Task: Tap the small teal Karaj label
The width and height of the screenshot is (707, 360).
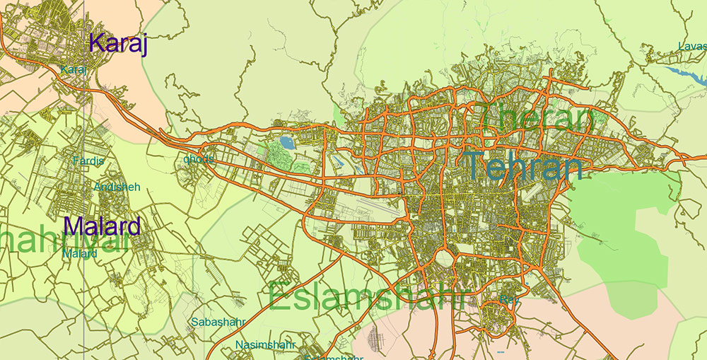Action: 74,69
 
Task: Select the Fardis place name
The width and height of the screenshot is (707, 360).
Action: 88,161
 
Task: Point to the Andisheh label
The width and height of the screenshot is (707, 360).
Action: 117,187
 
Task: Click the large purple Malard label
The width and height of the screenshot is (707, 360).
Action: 102,226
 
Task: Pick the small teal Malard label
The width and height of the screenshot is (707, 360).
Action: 80,252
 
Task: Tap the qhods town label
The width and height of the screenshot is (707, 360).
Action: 198,159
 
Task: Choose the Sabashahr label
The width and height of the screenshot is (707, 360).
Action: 217,322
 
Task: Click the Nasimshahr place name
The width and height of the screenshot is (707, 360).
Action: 266,344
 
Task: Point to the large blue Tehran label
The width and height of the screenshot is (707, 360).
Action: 524,167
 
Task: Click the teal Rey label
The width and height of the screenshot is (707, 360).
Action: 508,300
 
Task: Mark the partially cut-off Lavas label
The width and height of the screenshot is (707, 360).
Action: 691,47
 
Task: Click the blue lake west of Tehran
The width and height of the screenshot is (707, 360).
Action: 287,143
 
